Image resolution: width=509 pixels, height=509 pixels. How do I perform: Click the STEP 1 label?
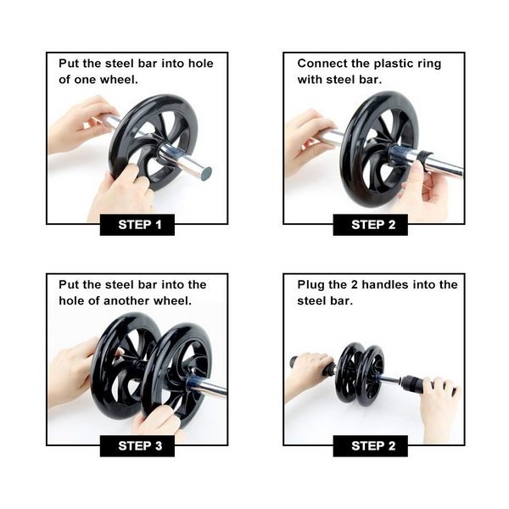[140, 225]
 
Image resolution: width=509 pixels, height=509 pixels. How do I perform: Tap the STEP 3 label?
[140, 446]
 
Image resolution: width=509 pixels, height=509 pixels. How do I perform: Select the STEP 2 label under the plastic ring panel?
[373, 225]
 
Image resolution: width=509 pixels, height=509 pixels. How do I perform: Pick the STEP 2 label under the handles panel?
[373, 446]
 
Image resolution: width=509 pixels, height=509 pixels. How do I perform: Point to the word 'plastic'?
[393, 64]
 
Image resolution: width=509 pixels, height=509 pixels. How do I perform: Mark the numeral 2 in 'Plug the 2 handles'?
[355, 285]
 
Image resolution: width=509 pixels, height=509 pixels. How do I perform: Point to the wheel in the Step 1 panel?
[154, 143]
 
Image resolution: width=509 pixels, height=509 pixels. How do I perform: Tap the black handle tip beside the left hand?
[294, 361]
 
